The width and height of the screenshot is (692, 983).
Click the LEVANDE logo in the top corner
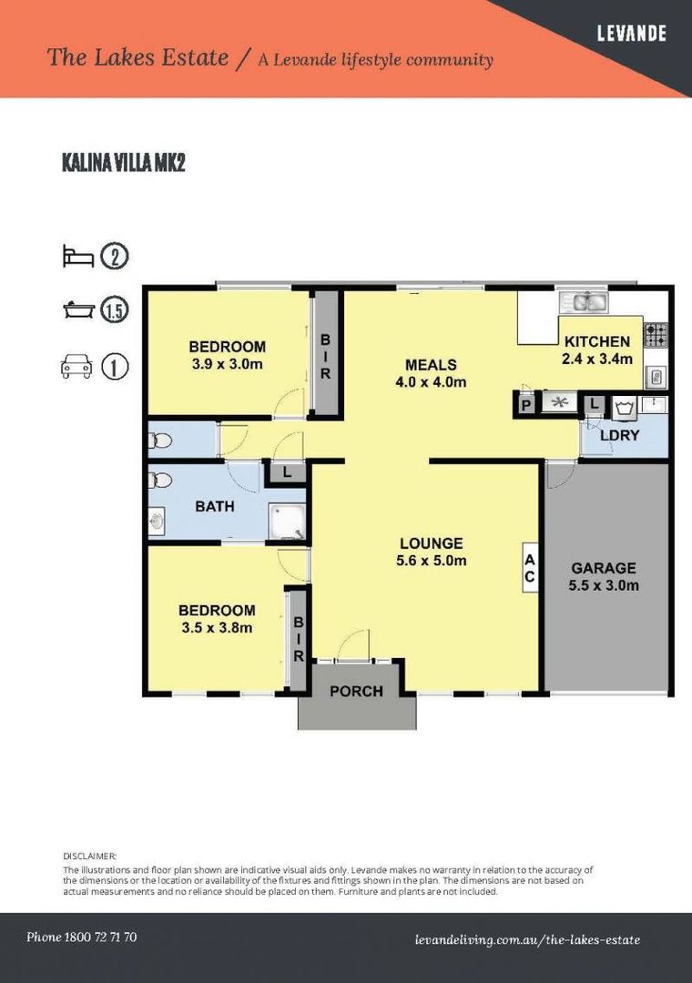tap(631, 33)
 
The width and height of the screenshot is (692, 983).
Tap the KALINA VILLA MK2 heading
tap(124, 162)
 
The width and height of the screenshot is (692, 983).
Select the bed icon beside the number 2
tap(78, 257)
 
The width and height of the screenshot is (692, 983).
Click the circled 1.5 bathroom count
tap(114, 310)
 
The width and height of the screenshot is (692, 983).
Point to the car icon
tap(76, 366)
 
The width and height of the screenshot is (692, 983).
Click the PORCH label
tap(356, 691)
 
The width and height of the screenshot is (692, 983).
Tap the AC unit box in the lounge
tap(530, 567)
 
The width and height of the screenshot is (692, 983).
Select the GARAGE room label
tap(604, 568)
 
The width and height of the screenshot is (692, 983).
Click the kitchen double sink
tap(584, 303)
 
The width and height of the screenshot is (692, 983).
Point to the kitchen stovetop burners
tap(656, 334)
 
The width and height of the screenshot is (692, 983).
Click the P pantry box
tap(526, 405)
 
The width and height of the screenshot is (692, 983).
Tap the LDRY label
tap(619, 435)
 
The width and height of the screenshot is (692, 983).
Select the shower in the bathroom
tap(288, 522)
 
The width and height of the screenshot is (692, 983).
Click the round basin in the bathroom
tap(157, 520)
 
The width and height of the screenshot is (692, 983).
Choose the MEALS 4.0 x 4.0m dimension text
tap(431, 381)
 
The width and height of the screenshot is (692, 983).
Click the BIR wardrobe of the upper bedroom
tap(326, 355)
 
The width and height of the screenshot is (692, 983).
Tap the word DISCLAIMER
tap(90, 856)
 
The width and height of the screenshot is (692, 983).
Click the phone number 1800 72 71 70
tap(100, 937)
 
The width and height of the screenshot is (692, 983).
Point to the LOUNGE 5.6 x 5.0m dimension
tap(432, 561)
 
